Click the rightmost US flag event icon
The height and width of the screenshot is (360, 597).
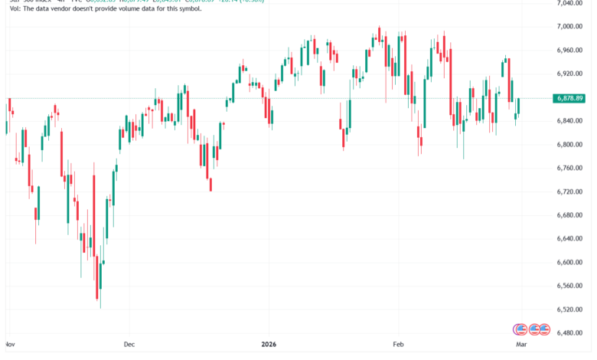(544, 329)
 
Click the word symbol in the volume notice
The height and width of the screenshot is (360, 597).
(165, 18)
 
